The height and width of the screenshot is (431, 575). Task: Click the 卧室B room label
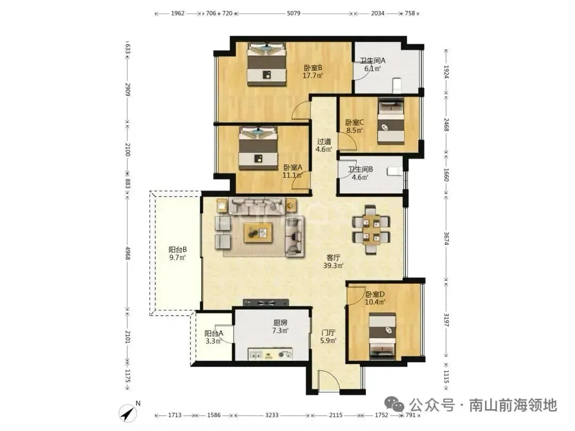pos(313,68)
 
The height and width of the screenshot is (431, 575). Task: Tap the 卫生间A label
pos(372,61)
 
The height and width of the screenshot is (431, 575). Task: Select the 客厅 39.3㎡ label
pos(333,261)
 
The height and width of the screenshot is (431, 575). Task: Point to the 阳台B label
pos(177,250)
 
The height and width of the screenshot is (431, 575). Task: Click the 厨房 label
pos(280,323)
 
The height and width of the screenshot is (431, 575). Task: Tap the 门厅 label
pos(328,333)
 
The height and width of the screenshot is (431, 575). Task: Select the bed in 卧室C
pos(391,121)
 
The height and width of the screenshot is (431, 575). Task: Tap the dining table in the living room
pos(371,230)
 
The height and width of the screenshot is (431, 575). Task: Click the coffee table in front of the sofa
pos(258,233)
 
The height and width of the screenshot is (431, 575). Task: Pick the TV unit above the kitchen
pos(266,302)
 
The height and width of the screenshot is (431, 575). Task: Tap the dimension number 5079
pos(293,13)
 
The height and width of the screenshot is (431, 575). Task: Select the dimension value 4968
pos(127,253)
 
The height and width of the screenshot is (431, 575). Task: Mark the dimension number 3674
pos(446,238)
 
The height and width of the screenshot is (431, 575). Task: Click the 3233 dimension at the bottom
pos(272,415)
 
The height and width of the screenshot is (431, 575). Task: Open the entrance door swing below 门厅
pos(328,380)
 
